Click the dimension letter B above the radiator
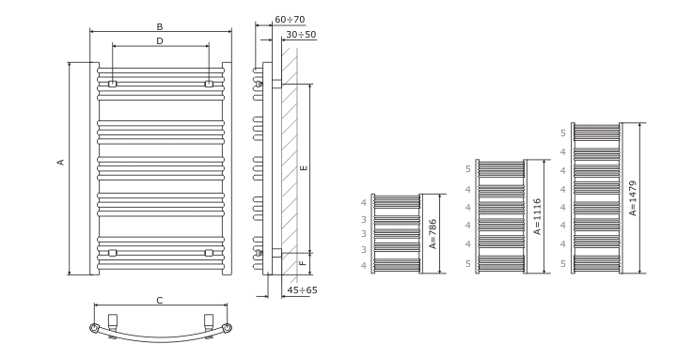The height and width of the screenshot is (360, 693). click(x=160, y=26)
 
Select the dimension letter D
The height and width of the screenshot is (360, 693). click(x=160, y=41)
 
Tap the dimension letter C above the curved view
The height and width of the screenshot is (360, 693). click(x=160, y=301)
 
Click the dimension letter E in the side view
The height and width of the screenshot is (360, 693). click(x=303, y=168)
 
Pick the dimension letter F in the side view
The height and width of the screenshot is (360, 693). click(x=303, y=263)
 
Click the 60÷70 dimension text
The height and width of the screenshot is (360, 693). click(x=290, y=20)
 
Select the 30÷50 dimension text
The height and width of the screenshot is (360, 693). click(x=301, y=35)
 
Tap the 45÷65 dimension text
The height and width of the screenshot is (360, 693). click(x=302, y=290)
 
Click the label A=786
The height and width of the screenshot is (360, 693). click(x=433, y=234)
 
